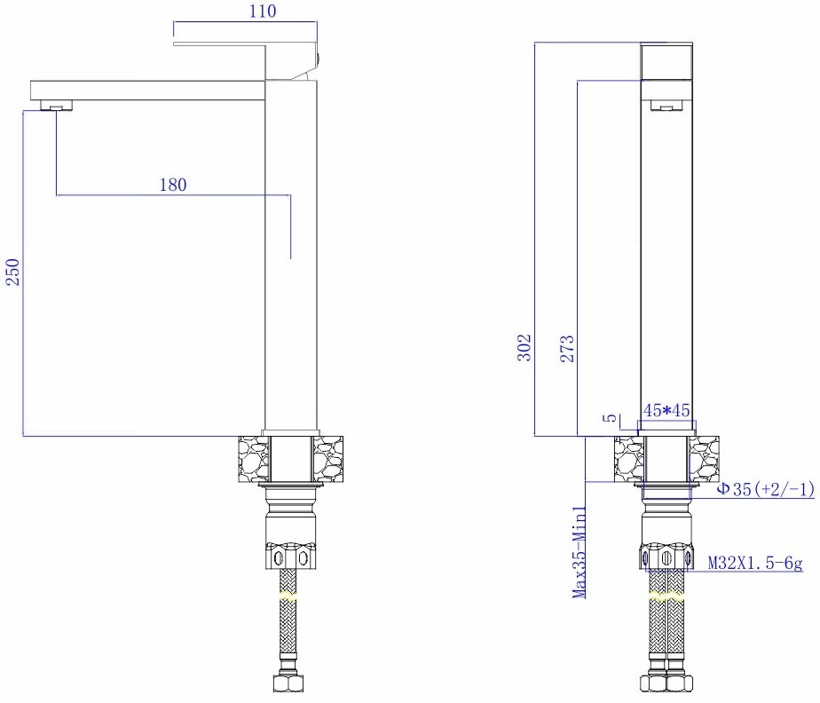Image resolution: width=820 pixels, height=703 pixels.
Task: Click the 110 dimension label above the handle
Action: coord(263,11)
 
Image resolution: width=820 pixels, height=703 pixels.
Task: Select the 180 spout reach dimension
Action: coord(173,185)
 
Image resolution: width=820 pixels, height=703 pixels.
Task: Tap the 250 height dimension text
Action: coord(12,272)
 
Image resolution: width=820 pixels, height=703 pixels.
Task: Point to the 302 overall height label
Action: coord(524,348)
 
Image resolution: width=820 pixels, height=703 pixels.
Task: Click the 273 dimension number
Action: coord(567,349)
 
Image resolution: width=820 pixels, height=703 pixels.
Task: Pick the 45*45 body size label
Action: coord(666,410)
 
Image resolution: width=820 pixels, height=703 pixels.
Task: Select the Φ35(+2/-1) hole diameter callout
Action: coord(765,489)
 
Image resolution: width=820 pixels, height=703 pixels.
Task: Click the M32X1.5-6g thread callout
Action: coord(755,563)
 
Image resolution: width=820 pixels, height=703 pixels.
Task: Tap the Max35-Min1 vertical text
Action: coord(580,552)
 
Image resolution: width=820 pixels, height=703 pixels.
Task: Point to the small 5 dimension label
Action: coord(610,418)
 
